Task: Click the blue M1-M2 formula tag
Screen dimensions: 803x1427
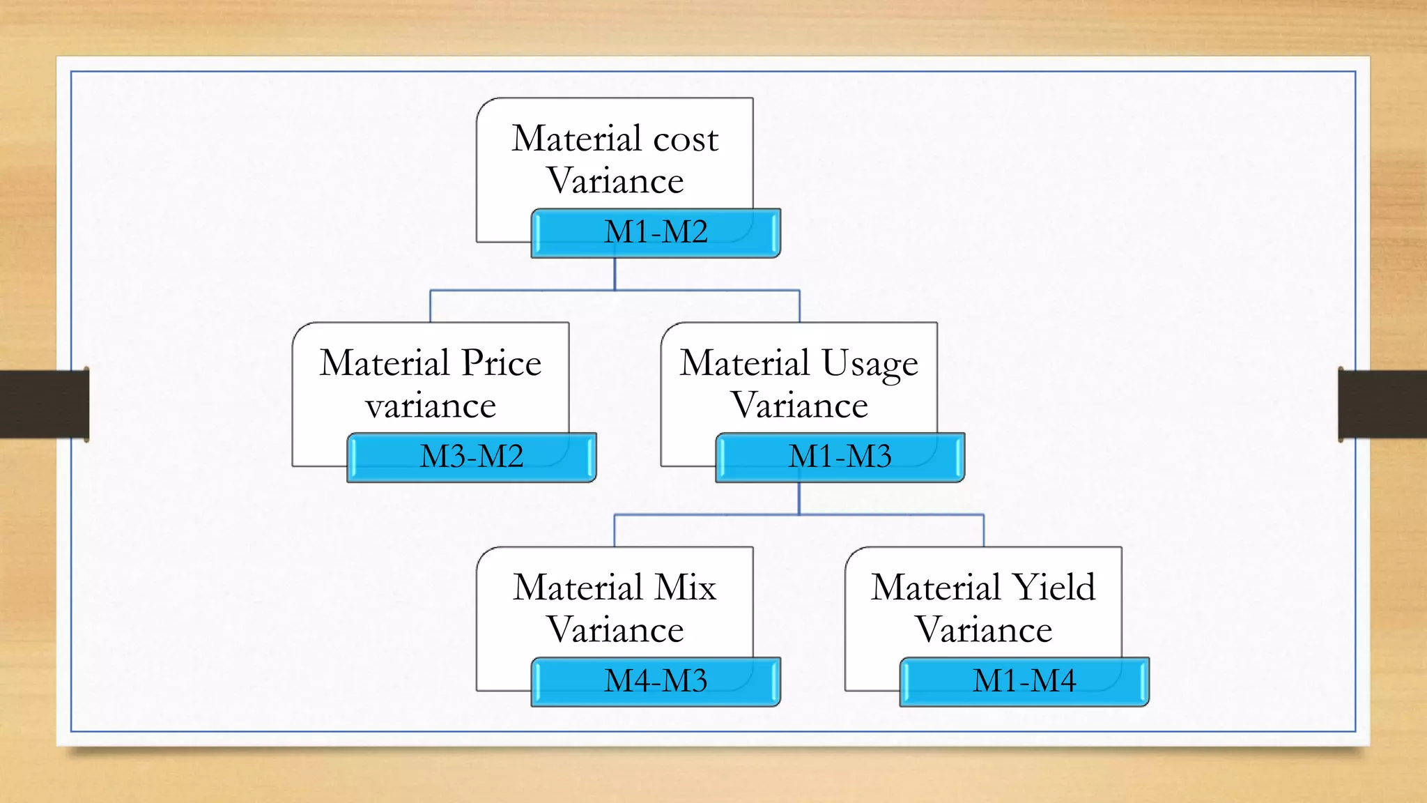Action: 656,233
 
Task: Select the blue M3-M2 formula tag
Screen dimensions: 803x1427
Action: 472,457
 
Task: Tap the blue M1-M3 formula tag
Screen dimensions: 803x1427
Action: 840,457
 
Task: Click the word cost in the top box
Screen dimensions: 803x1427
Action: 686,139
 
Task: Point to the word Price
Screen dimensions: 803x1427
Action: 501,363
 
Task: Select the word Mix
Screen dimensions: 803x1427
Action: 686,588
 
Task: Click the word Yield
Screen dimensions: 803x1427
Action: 1053,588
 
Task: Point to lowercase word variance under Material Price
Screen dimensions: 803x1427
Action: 431,406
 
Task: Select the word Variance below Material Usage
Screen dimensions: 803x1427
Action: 799,406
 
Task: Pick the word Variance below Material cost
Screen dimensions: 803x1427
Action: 615,181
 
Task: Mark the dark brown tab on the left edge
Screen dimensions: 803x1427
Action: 44,404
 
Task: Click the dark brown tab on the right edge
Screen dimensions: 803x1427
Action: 1382,404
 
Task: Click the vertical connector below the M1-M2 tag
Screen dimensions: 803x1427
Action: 615,274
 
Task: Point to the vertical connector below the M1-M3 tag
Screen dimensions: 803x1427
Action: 799,498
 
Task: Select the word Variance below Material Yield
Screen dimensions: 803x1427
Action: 983,630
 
